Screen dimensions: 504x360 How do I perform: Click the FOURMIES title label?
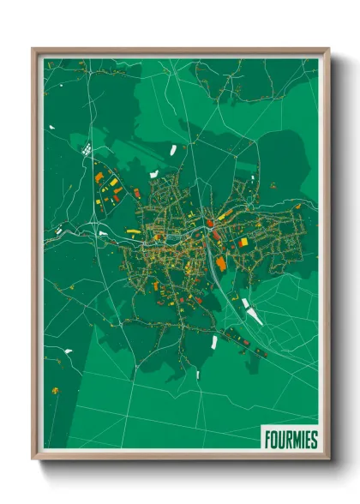(x=289, y=439)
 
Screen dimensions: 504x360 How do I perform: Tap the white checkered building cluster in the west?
(x=87, y=150)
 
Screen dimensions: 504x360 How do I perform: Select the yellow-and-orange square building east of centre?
(x=243, y=243)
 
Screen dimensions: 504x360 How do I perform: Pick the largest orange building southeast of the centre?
(x=221, y=263)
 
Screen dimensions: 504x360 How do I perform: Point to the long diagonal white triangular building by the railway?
(x=253, y=315)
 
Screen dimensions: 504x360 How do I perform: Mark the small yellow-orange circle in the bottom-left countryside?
(x=56, y=391)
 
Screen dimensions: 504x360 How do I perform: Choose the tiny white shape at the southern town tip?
(x=197, y=375)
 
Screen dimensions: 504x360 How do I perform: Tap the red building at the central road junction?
(x=208, y=224)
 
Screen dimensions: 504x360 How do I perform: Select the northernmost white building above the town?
(x=173, y=150)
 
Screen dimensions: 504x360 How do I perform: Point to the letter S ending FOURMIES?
(x=314, y=439)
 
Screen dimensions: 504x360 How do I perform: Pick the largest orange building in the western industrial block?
(x=99, y=178)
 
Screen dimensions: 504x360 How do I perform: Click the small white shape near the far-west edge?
(x=51, y=129)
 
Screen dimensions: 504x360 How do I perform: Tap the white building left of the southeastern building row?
(x=213, y=342)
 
